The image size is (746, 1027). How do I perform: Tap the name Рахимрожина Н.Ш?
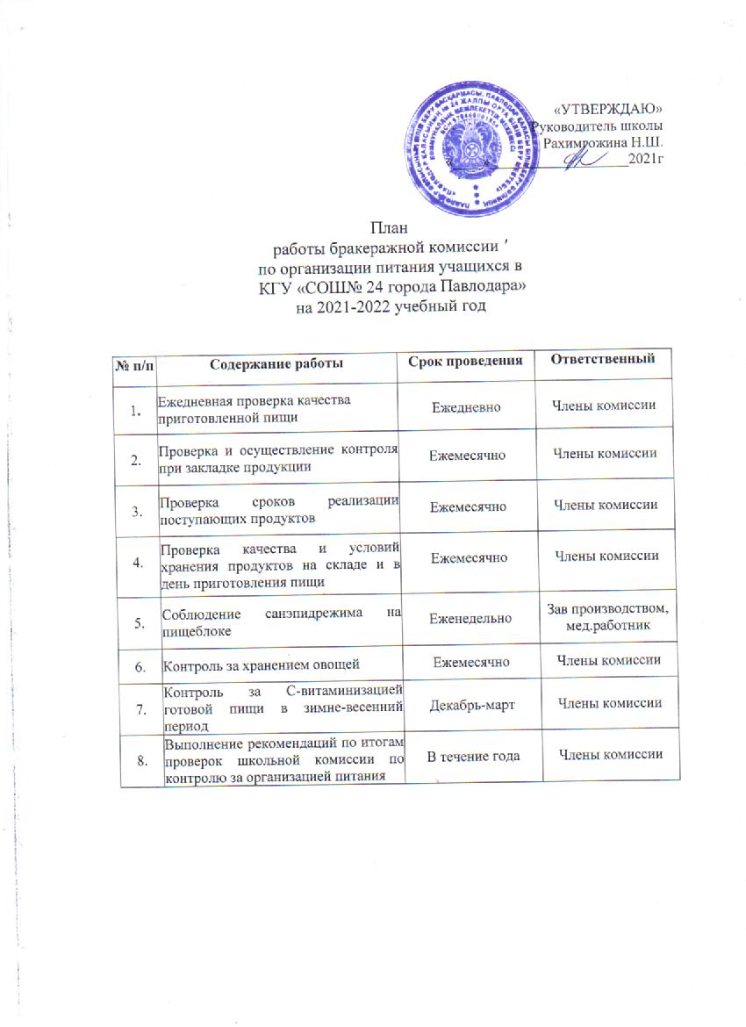point(603,141)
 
